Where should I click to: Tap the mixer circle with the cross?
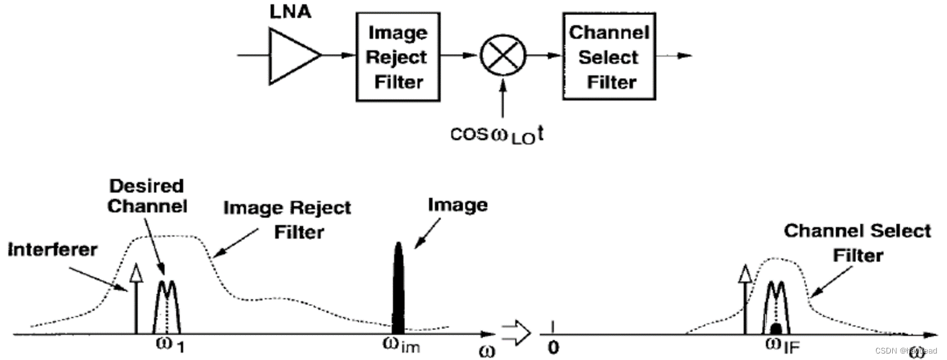point(503,55)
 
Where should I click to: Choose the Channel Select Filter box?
point(609,57)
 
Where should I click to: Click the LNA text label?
point(290,12)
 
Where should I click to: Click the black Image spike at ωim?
point(399,288)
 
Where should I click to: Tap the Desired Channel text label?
point(147,196)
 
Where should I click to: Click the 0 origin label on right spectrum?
point(553,347)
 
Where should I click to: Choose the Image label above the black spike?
point(457,205)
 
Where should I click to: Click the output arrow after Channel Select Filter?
point(673,56)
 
